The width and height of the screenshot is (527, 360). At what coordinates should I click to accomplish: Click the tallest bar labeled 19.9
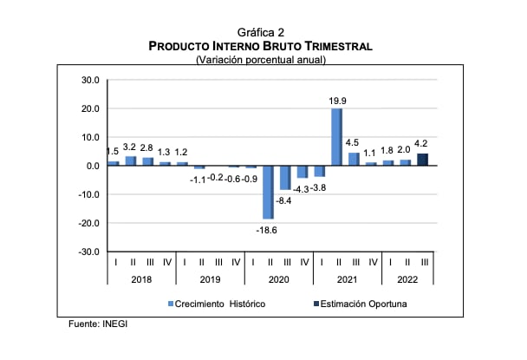(337, 136)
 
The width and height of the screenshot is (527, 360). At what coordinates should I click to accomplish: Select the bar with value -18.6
(269, 192)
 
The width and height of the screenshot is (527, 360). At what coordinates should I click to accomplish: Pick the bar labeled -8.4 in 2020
(285, 177)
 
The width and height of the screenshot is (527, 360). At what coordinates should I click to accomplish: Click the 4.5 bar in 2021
(355, 159)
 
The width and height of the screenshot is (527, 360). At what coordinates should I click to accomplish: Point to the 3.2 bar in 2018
(131, 160)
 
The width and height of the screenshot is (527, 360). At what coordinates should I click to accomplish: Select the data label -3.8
(319, 187)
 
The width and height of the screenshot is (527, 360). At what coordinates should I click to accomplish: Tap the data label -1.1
(198, 180)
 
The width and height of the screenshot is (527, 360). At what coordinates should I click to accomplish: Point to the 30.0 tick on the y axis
(90, 80)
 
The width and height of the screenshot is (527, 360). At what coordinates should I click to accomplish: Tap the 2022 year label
(407, 279)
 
